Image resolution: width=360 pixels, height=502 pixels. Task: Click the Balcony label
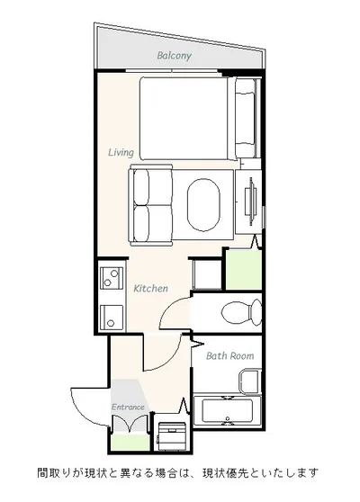175,56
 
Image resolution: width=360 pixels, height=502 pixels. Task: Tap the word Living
121,152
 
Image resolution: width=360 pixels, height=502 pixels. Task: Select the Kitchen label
150,288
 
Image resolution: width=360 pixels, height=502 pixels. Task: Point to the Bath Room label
230,355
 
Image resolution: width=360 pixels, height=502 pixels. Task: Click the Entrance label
128,407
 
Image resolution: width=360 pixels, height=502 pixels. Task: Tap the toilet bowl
242,312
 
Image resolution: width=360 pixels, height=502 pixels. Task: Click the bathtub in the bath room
227,411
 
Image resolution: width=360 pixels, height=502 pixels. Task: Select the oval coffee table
203,204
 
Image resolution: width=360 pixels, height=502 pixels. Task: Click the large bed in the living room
184,119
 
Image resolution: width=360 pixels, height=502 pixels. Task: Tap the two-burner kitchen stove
112,278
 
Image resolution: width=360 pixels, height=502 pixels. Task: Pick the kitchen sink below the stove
111,318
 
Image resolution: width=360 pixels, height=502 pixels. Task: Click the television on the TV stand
250,202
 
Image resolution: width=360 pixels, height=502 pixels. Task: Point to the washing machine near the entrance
172,436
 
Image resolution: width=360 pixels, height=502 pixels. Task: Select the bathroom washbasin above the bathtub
250,381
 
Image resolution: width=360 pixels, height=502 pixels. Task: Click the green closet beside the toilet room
244,270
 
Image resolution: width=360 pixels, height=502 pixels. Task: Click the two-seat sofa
151,205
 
